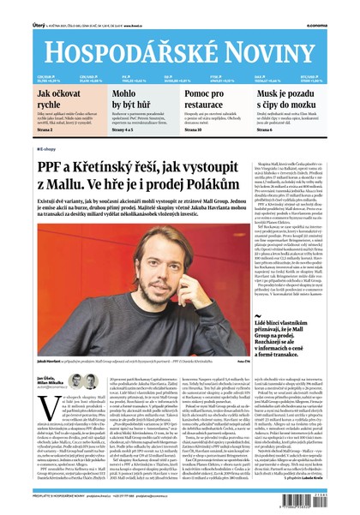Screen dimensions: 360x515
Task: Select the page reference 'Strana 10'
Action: (x=195, y=129)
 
